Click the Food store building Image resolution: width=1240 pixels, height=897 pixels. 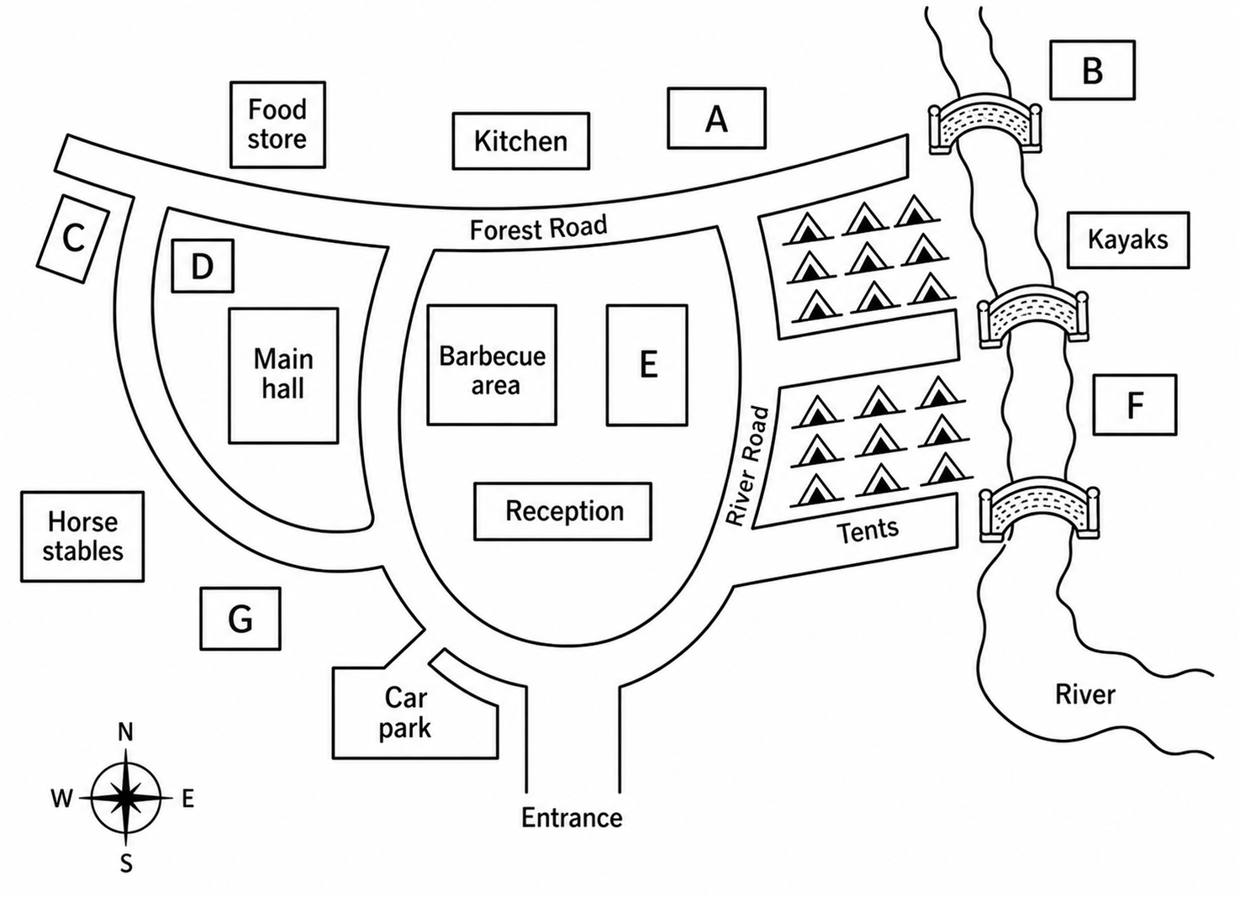pyautogui.click(x=278, y=124)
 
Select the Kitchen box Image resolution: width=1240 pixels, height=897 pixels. pyautogui.click(x=521, y=141)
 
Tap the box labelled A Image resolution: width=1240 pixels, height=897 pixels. pyautogui.click(x=717, y=119)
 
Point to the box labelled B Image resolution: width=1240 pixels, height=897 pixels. pyautogui.click(x=1092, y=70)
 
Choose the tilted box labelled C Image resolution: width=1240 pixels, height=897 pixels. pyautogui.click(x=73, y=239)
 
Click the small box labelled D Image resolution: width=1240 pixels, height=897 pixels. pyautogui.click(x=203, y=266)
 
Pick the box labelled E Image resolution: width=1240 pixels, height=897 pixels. pyautogui.click(x=647, y=365)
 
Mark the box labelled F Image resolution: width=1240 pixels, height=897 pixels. pyautogui.click(x=1135, y=404)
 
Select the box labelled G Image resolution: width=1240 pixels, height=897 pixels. pyautogui.click(x=240, y=619)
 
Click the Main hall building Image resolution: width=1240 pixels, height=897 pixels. pyautogui.click(x=283, y=376)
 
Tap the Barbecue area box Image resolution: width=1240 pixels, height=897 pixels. pyautogui.click(x=492, y=365)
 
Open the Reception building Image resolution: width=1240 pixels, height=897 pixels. pyautogui.click(x=563, y=511)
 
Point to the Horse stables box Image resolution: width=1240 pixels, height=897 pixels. pyautogui.click(x=82, y=536)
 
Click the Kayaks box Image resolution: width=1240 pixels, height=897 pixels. pyautogui.click(x=1128, y=240)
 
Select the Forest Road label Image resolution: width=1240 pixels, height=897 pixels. pyautogui.click(x=539, y=228)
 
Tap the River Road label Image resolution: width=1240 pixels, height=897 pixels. pyautogui.click(x=747, y=467)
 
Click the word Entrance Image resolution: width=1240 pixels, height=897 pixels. pyautogui.click(x=572, y=818)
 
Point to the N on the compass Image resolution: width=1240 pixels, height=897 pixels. pyautogui.click(x=126, y=732)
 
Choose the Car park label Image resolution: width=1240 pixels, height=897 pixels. pyautogui.click(x=405, y=713)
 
